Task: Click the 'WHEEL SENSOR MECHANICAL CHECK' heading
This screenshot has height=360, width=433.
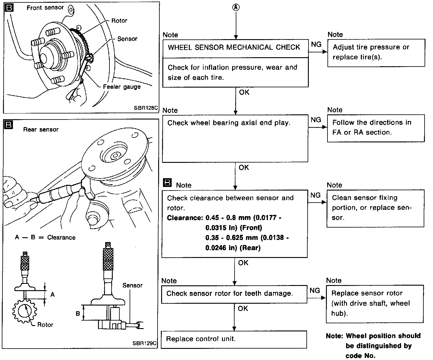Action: tap(234, 47)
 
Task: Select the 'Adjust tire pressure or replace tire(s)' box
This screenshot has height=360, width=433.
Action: tap(376, 52)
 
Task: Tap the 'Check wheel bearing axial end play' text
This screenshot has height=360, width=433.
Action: tap(229, 123)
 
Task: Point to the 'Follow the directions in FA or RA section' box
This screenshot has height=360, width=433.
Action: tap(376, 128)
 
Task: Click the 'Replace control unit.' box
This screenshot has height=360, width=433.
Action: tap(234, 339)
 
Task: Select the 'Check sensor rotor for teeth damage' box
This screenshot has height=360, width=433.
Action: tap(234, 293)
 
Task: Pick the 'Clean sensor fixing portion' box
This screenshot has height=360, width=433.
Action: tap(375, 208)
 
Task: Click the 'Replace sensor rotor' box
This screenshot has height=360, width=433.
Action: tap(375, 303)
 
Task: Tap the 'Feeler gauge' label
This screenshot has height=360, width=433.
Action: tap(122, 87)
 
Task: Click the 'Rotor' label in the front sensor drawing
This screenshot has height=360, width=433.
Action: tap(119, 21)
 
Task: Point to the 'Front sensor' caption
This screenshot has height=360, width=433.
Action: tap(45, 8)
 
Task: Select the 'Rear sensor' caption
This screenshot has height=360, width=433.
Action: tap(41, 130)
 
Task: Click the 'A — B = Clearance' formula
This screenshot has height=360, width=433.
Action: tap(45, 237)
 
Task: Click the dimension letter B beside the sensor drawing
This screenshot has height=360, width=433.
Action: tap(78, 313)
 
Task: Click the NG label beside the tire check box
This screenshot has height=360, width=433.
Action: tap(316, 45)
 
